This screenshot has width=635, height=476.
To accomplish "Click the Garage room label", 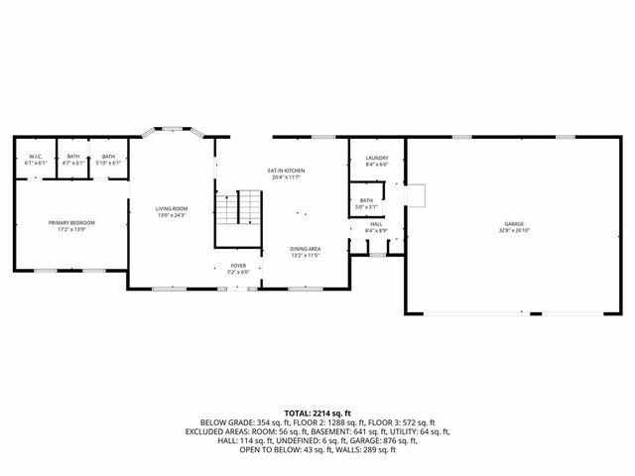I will (x=513, y=224).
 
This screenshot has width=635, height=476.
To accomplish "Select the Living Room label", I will (x=172, y=208).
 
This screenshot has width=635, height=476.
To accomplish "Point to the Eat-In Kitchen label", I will (x=286, y=171).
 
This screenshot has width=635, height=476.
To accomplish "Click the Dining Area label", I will (x=305, y=248).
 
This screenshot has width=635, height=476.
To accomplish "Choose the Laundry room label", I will (x=376, y=158).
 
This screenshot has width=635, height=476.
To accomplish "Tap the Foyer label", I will (x=238, y=266).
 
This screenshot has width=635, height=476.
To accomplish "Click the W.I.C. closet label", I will (x=34, y=157).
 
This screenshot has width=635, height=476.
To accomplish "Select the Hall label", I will (x=376, y=224).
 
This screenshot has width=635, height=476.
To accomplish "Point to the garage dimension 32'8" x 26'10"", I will (x=513, y=231).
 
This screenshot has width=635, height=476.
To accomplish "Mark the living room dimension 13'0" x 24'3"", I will (x=172, y=215).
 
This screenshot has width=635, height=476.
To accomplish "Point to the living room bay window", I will (x=171, y=128).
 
